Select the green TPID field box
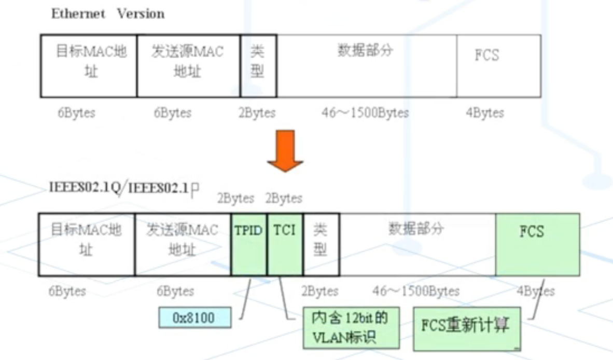249,244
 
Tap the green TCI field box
285,244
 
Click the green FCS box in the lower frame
537,244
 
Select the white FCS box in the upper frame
498,66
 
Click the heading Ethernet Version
108,14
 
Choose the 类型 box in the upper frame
258,66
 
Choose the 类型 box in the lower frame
321,244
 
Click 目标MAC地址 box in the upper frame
89,66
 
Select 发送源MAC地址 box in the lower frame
183,244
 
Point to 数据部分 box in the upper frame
366,66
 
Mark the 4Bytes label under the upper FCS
484,113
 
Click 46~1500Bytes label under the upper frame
365,113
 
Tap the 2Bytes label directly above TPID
235,199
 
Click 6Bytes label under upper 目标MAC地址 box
76,113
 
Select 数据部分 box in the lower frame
417,244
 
